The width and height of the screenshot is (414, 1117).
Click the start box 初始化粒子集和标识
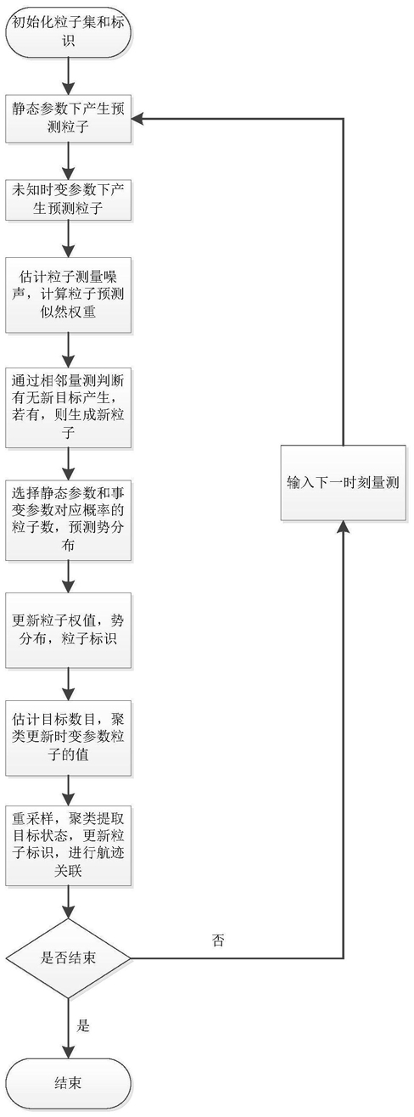point(68,31)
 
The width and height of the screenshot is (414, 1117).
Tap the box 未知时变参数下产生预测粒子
point(68,199)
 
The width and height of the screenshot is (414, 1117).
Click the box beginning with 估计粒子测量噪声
point(68,295)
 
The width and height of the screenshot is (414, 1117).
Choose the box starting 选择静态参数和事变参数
point(68,520)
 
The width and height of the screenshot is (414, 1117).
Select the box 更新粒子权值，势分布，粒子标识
point(68,631)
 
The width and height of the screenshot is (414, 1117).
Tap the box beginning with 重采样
point(68,845)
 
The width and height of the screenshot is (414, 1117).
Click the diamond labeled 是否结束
point(68,958)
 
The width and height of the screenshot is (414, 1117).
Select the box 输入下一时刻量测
point(343,483)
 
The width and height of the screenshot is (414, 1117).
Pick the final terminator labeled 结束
point(68,1084)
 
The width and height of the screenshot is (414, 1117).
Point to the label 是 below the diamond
point(83,1025)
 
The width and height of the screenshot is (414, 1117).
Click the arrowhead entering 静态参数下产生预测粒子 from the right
point(137,119)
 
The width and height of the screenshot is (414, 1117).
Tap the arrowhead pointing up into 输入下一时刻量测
point(343,527)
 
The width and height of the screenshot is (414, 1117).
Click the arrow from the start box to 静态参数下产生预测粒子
point(68,73)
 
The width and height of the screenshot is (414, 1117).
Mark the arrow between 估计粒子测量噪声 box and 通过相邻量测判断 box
point(68,351)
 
